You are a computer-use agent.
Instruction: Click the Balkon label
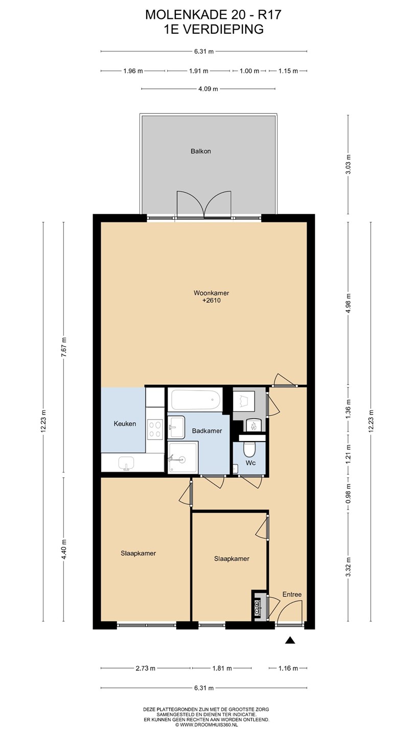pyautogui.click(x=201, y=151)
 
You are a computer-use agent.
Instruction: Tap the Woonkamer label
pyautogui.click(x=211, y=293)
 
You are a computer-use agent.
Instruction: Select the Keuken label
pyautogui.click(x=125, y=424)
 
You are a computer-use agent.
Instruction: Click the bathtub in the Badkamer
pyautogui.click(x=195, y=399)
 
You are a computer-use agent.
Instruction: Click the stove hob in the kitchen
pyautogui.click(x=155, y=429)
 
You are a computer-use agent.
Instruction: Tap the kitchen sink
pyautogui.click(x=126, y=463)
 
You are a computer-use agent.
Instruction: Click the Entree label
pyautogui.click(x=292, y=594)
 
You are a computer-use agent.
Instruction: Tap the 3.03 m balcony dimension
pyautogui.click(x=349, y=164)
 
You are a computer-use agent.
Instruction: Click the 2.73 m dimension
pyautogui.click(x=146, y=669)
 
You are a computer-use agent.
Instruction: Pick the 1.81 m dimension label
pyautogui.click(x=222, y=669)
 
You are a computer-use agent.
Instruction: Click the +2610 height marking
pyautogui.click(x=212, y=301)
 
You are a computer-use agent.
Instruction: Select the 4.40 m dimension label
pyautogui.click(x=64, y=549)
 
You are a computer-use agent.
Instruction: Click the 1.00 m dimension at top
pyautogui.click(x=249, y=71)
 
